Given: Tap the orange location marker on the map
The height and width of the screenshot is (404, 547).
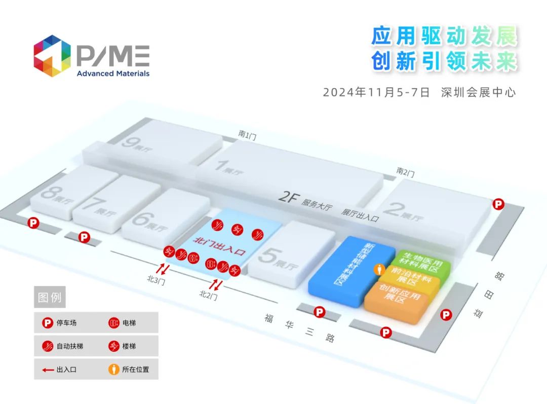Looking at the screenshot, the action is click(378, 270).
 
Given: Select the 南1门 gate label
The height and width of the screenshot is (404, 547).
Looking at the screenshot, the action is click(248, 134).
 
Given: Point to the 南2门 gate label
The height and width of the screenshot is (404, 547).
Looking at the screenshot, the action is click(405, 172).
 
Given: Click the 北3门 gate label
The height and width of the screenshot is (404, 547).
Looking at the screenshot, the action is click(156, 280).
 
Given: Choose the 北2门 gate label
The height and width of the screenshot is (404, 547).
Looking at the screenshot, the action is click(208, 294).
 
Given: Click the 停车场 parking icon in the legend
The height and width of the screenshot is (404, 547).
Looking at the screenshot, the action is click(47, 322).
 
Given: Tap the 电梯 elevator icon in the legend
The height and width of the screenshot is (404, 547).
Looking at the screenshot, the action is click(113, 322).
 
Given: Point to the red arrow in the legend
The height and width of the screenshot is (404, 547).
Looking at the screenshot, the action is click(48, 370).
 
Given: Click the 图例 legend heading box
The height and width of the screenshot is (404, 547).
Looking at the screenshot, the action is click(50, 297).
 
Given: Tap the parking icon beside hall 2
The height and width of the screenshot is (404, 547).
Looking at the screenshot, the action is click(499, 204).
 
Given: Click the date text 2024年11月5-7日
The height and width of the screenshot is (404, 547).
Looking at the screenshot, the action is click(376, 92).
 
